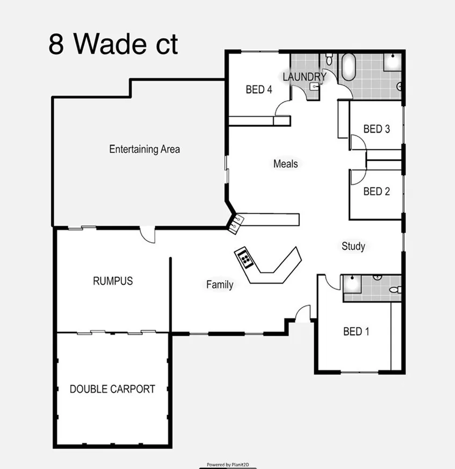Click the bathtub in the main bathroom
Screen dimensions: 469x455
tap(349, 67)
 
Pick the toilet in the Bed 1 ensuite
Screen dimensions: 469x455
tap(395, 290)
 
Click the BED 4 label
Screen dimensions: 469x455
tap(258, 89)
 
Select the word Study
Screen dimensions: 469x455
tap(353, 246)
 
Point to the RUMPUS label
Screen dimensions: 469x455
tap(112, 280)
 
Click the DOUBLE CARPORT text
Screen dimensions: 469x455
tap(112, 389)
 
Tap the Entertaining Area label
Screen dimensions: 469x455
tap(145, 149)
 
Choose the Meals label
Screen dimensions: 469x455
tap(285, 163)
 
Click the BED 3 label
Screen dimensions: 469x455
tap(376, 129)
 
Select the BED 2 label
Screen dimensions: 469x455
tap(376, 191)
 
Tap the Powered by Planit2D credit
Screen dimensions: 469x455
tap(227, 464)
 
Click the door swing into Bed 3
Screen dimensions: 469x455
tap(358, 142)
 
